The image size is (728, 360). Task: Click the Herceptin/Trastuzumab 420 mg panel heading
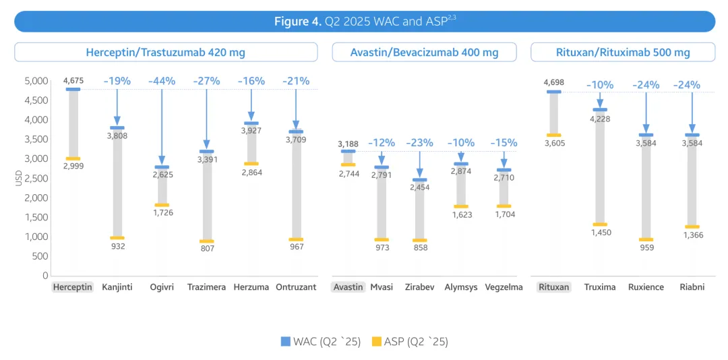coord(165,52)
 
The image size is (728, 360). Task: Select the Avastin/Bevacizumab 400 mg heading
coord(424,52)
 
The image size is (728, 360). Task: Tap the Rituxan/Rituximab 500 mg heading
coord(623,52)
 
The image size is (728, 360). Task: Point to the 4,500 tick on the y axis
coord(36,100)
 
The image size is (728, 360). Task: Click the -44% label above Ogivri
coord(162,81)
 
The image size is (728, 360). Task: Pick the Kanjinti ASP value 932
coord(117,247)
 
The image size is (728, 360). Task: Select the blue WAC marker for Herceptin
coord(73,89)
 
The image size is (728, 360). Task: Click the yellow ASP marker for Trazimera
coord(206,241)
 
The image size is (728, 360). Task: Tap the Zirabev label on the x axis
coord(419,287)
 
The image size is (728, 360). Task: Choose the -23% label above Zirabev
coord(419,143)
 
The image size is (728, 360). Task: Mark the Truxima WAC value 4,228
coord(599,119)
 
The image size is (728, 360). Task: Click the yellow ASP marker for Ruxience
coord(646,239)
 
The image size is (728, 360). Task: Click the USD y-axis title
coord(18,178)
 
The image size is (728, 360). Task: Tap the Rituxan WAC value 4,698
coord(553,82)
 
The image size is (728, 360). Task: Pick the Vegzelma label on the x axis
coord(504,287)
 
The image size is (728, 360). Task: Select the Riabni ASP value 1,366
coord(692,235)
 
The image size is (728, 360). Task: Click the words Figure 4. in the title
coord(297,22)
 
